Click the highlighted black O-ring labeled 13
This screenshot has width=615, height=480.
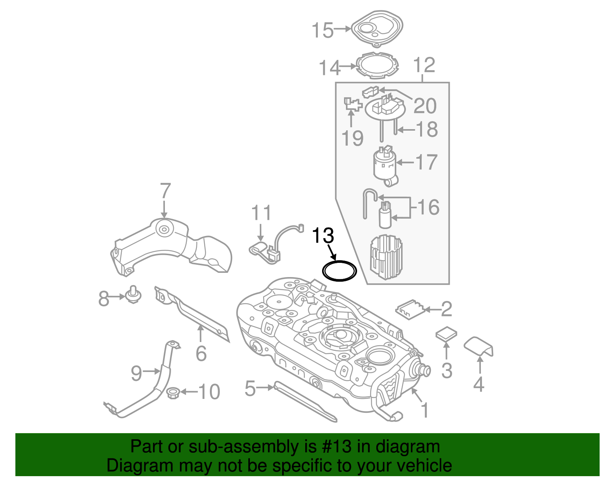point(339,271)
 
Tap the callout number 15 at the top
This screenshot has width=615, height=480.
point(322,30)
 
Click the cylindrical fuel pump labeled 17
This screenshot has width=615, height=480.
point(384,166)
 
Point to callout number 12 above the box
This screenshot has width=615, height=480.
point(424,65)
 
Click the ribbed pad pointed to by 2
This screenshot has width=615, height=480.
point(410,309)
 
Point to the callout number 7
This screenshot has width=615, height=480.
point(165,191)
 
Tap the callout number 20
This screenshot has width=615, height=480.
point(425,106)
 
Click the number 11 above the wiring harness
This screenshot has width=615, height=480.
point(261,213)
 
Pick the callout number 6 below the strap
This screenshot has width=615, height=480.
point(201,353)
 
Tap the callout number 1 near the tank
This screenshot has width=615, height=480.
point(424,410)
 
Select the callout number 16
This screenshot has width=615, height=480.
point(428,208)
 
